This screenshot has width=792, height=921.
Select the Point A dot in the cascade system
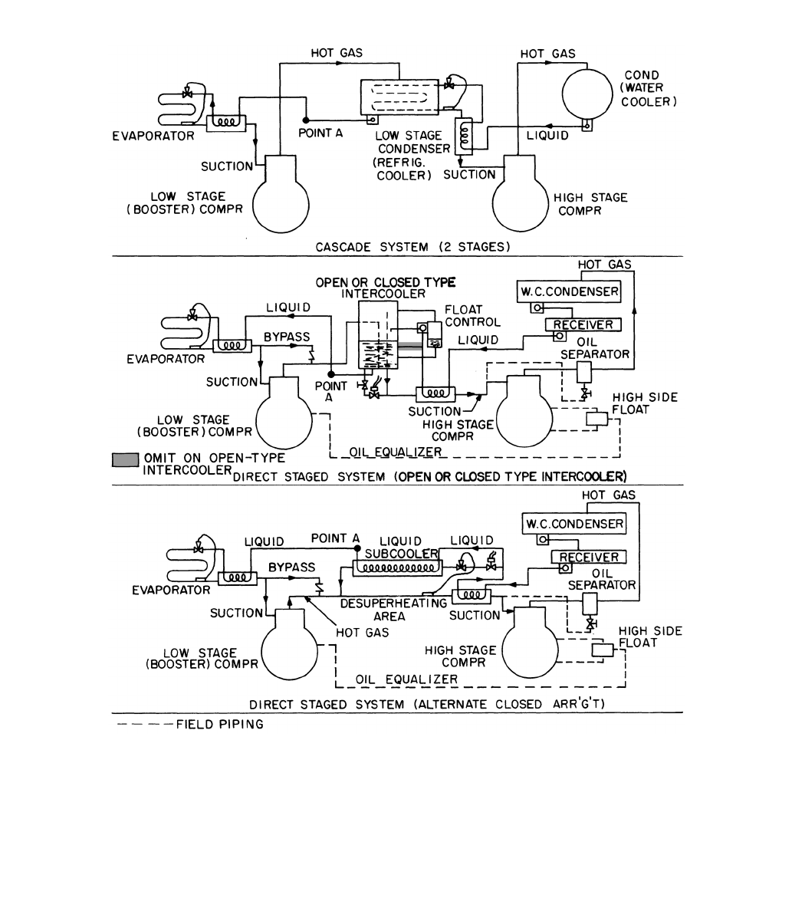[x=306, y=120]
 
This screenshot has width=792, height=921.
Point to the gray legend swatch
[x=125, y=460]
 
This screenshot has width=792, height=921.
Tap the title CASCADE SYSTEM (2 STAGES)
[x=412, y=247]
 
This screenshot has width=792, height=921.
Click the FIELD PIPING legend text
[x=219, y=724]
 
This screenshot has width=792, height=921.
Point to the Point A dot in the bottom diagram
[x=357, y=548]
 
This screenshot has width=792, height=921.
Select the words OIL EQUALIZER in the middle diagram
[x=396, y=452]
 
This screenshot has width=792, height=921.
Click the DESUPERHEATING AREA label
[x=393, y=610]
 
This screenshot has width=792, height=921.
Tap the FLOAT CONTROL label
[x=472, y=315]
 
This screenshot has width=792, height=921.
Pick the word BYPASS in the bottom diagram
[x=291, y=567]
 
